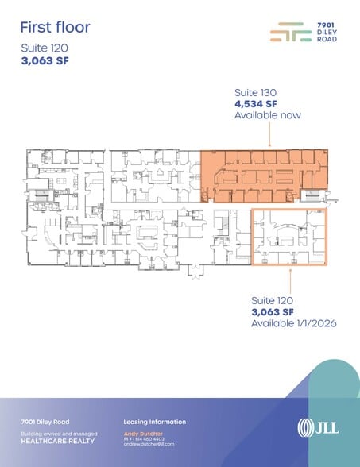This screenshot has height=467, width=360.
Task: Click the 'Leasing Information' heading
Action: coord(154,422)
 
